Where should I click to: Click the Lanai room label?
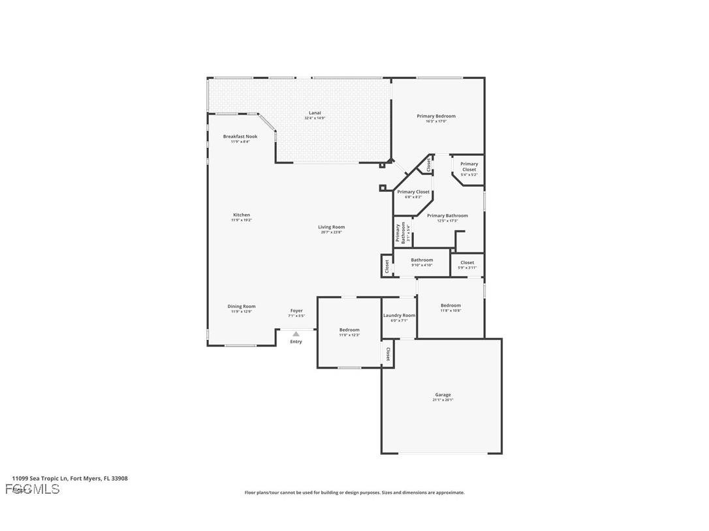coord(315,114)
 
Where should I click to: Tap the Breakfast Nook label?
coord(240,137)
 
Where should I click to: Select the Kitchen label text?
coord(242,215)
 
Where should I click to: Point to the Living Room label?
coord(332,228)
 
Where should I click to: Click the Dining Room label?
coord(242,307)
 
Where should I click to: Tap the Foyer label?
coord(296,311)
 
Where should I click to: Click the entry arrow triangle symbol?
coord(296,334)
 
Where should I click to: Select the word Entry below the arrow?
coord(296,342)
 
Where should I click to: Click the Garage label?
coord(443,395)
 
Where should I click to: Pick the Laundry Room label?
coord(399,316)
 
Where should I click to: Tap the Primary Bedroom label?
coord(436,117)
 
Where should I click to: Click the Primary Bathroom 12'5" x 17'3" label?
coord(447,216)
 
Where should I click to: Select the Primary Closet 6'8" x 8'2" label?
coord(413,192)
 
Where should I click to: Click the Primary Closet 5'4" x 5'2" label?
coord(469,167)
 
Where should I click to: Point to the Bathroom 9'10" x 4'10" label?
coord(422,260)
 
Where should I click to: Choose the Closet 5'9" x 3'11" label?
coord(467,263)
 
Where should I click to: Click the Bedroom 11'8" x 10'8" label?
coord(450,306)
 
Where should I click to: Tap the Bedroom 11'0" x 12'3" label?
coord(349,330)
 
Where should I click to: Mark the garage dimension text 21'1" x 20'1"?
coord(443,400)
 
